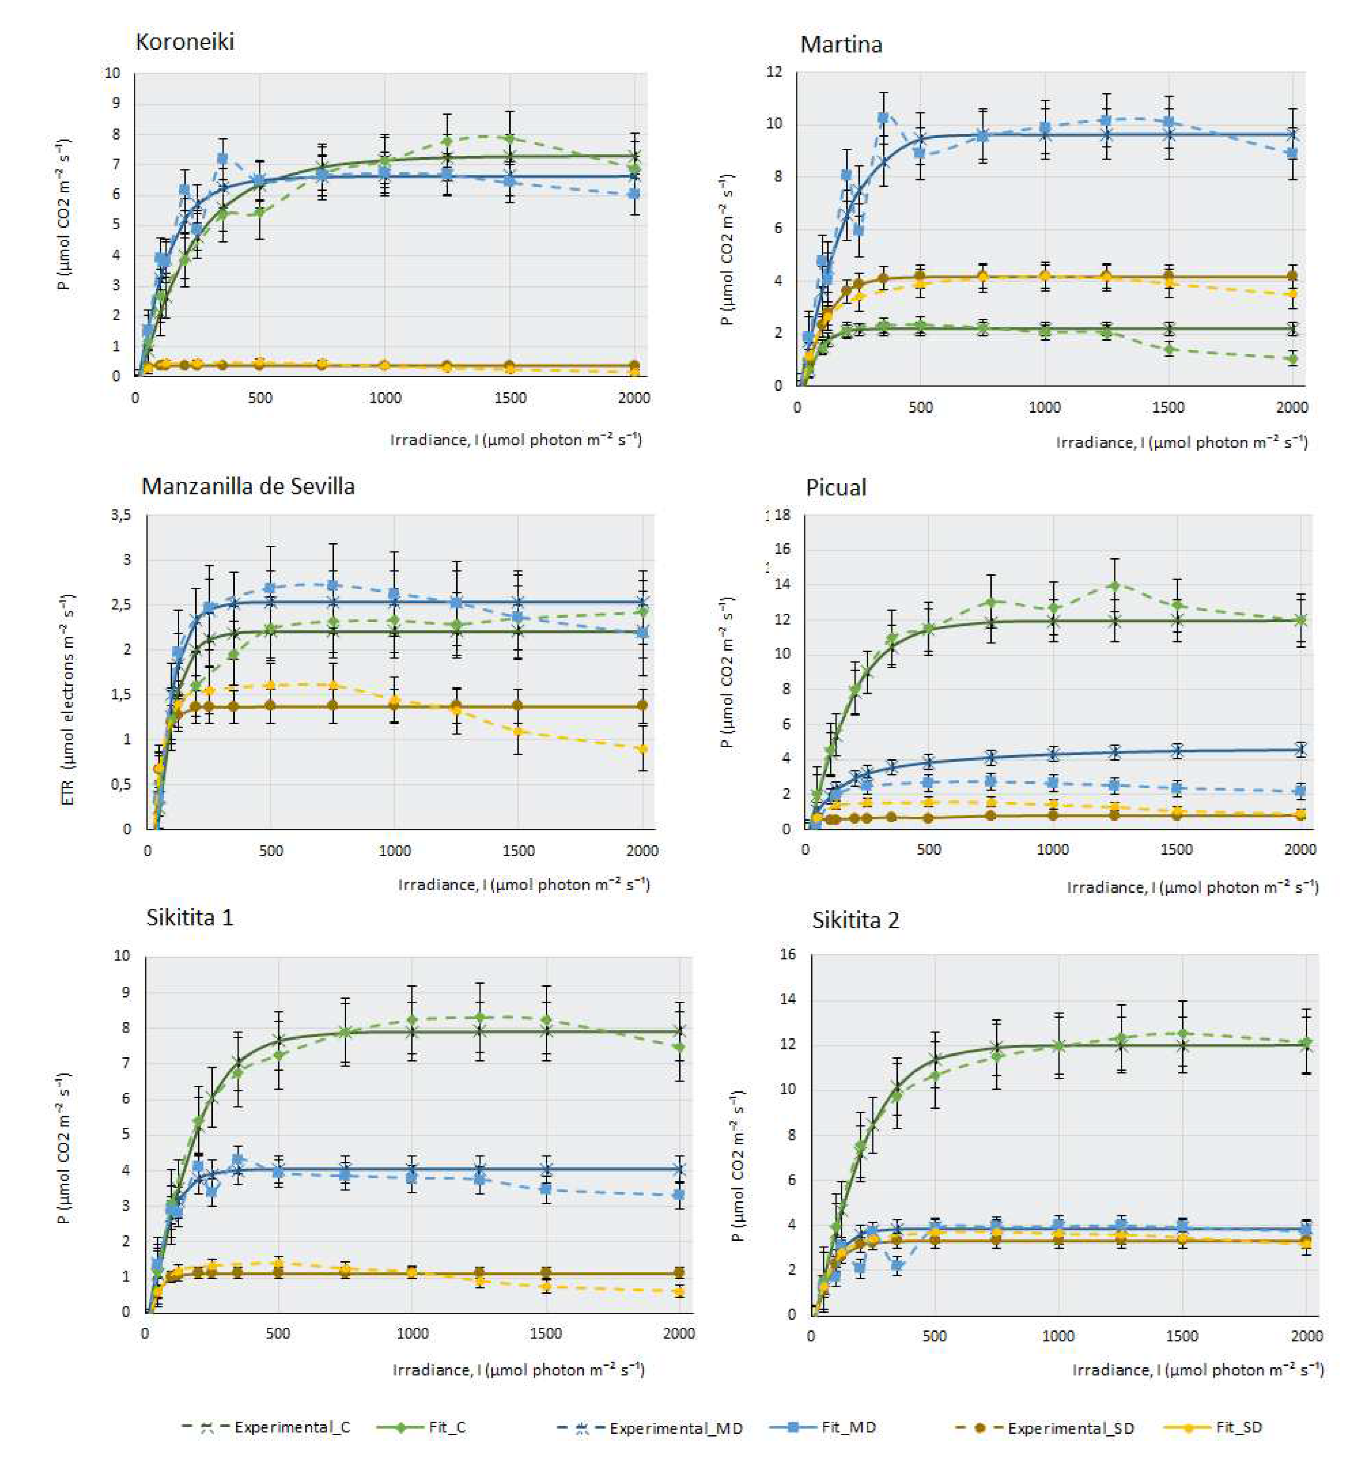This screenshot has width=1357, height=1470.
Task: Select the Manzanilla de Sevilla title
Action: (x=248, y=486)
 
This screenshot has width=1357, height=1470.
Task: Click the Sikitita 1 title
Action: (x=189, y=918)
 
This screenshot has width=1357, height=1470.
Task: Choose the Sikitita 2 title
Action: (x=855, y=921)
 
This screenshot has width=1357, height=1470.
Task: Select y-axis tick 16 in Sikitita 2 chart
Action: (x=787, y=955)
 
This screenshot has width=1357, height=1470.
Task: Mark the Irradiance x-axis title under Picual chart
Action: (x=1193, y=887)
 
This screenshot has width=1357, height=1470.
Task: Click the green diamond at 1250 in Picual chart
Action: (x=1114, y=586)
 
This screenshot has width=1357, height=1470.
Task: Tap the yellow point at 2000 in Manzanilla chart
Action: (x=643, y=749)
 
